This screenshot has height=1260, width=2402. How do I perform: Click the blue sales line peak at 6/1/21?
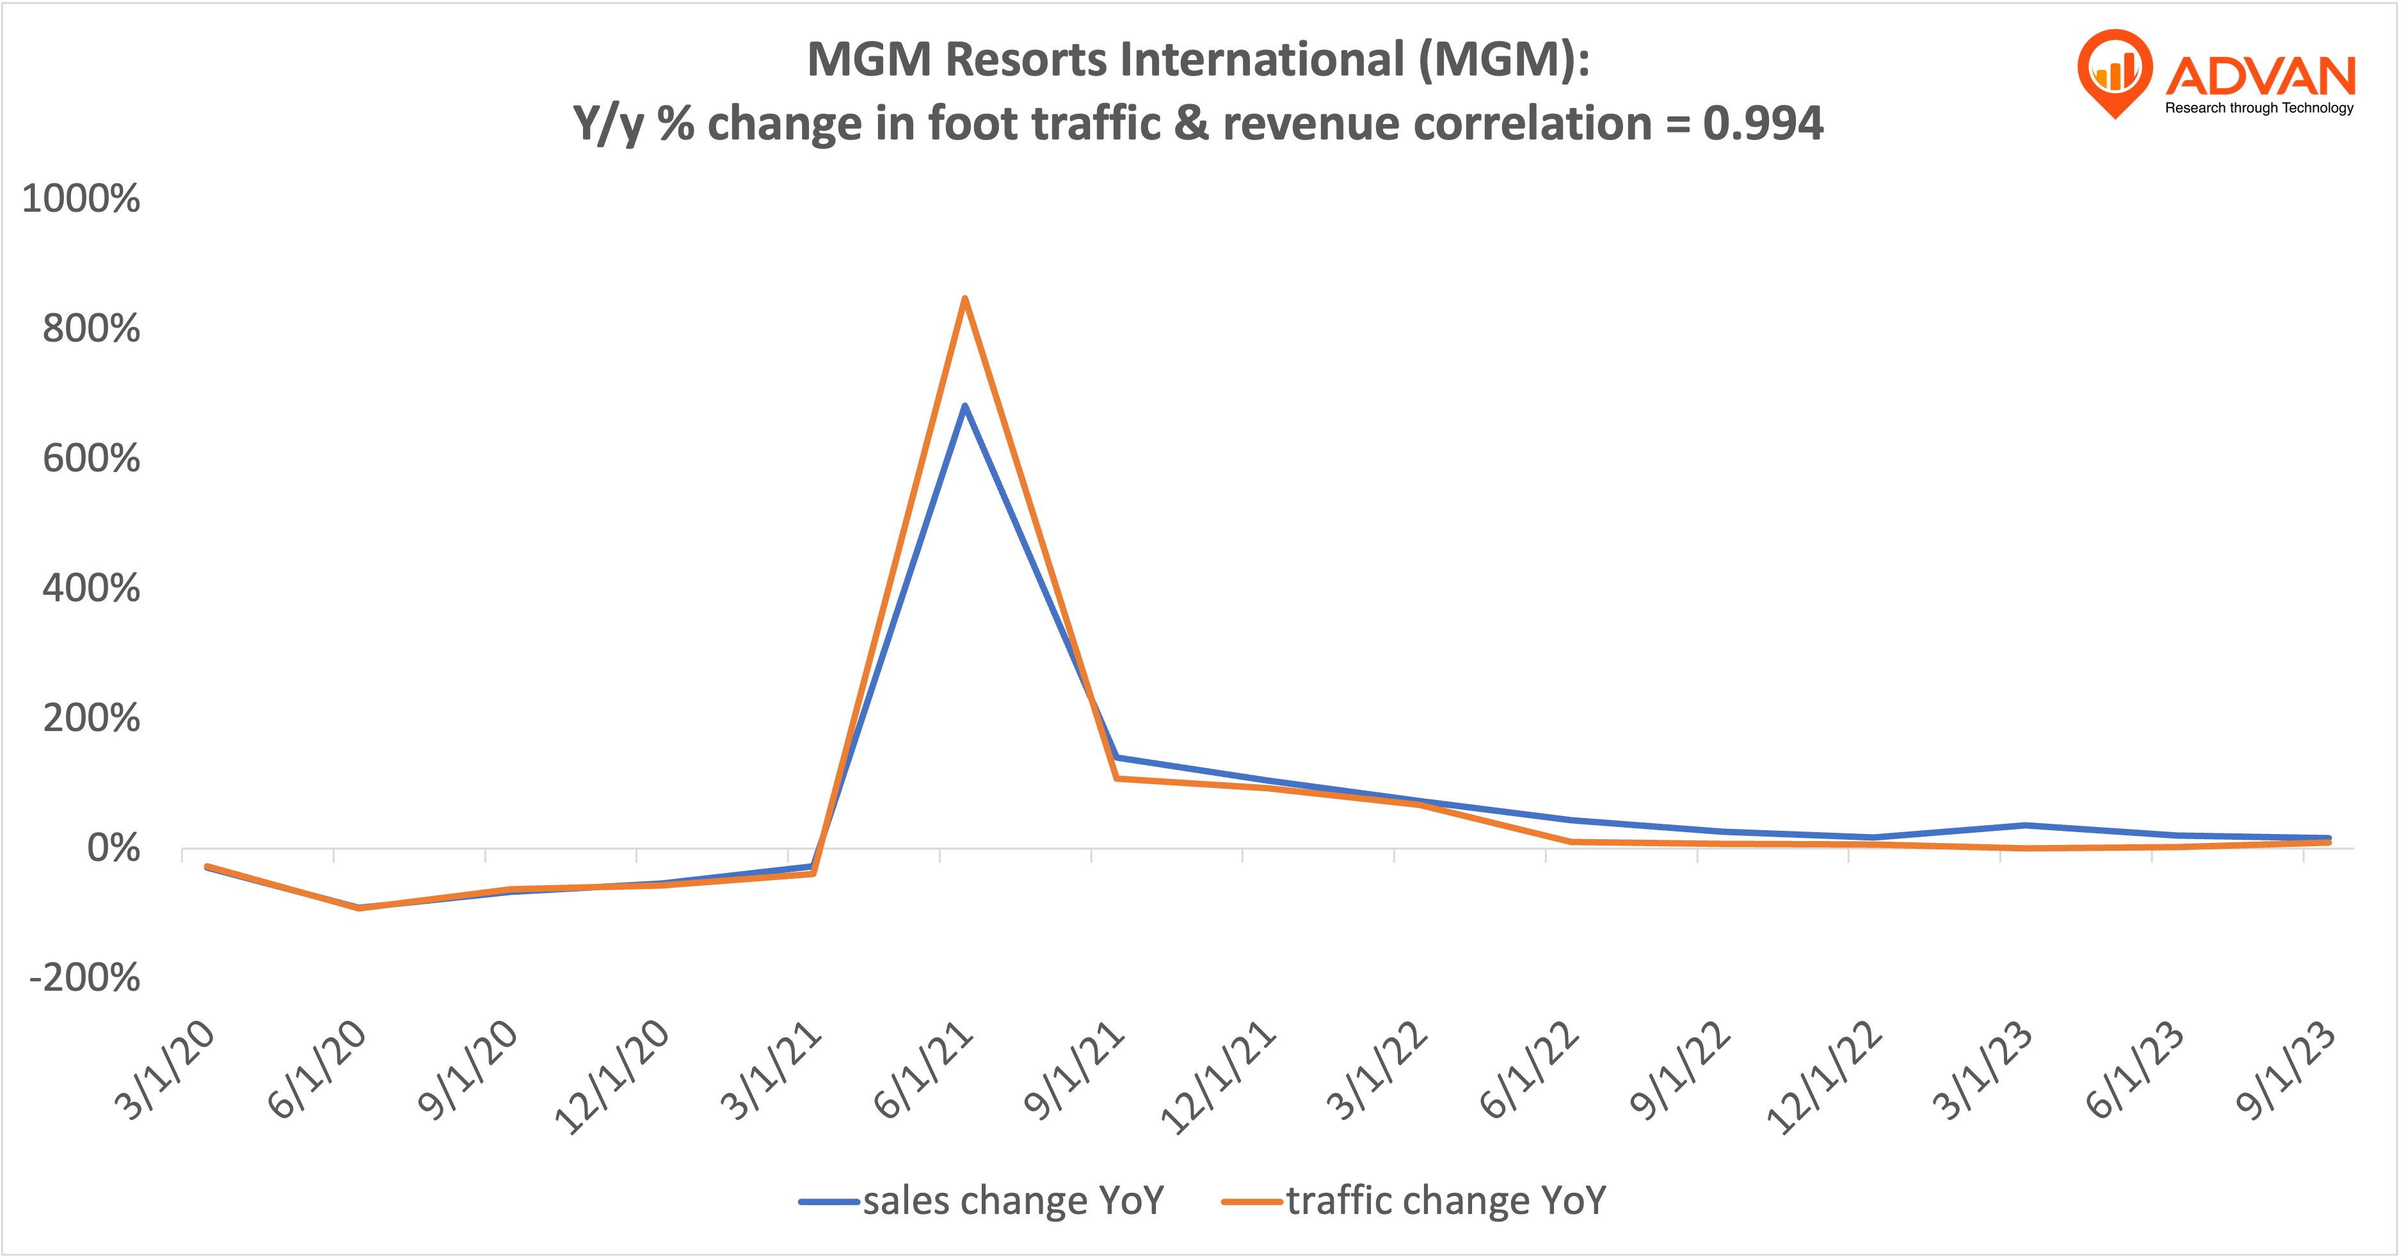coord(964,406)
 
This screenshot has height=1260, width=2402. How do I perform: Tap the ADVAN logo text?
coord(2261,76)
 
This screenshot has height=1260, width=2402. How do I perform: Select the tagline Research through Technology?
coord(2259,108)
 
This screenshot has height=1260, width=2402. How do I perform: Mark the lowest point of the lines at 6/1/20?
coord(360,907)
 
